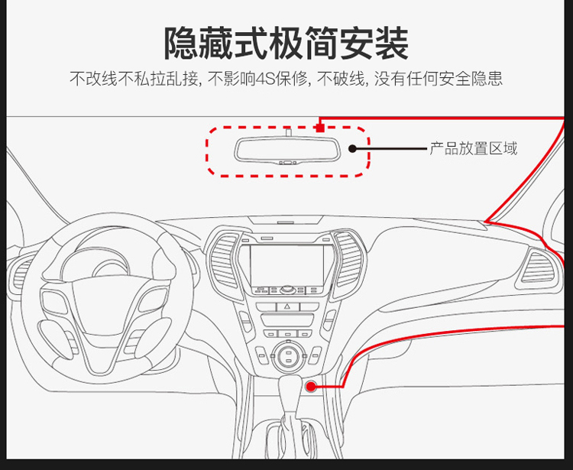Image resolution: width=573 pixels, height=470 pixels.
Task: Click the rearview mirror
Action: tap(287, 151)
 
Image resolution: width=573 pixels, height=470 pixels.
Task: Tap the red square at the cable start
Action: tap(320, 128)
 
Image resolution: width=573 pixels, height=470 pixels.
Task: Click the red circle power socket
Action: tap(311, 386)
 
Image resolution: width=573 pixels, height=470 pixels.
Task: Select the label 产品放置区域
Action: tap(473, 148)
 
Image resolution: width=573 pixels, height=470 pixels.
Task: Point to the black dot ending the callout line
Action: tap(353, 149)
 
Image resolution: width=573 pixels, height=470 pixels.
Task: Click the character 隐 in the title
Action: tap(180, 43)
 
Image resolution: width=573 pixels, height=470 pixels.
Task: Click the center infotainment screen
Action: tap(286, 265)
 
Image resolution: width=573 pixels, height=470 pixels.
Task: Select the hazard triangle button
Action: tap(287, 306)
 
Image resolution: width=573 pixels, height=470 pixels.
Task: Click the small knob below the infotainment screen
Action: tap(287, 290)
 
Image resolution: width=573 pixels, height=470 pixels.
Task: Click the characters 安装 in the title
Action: tap(374, 43)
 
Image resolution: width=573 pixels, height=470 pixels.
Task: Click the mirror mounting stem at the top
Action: tap(288, 131)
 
